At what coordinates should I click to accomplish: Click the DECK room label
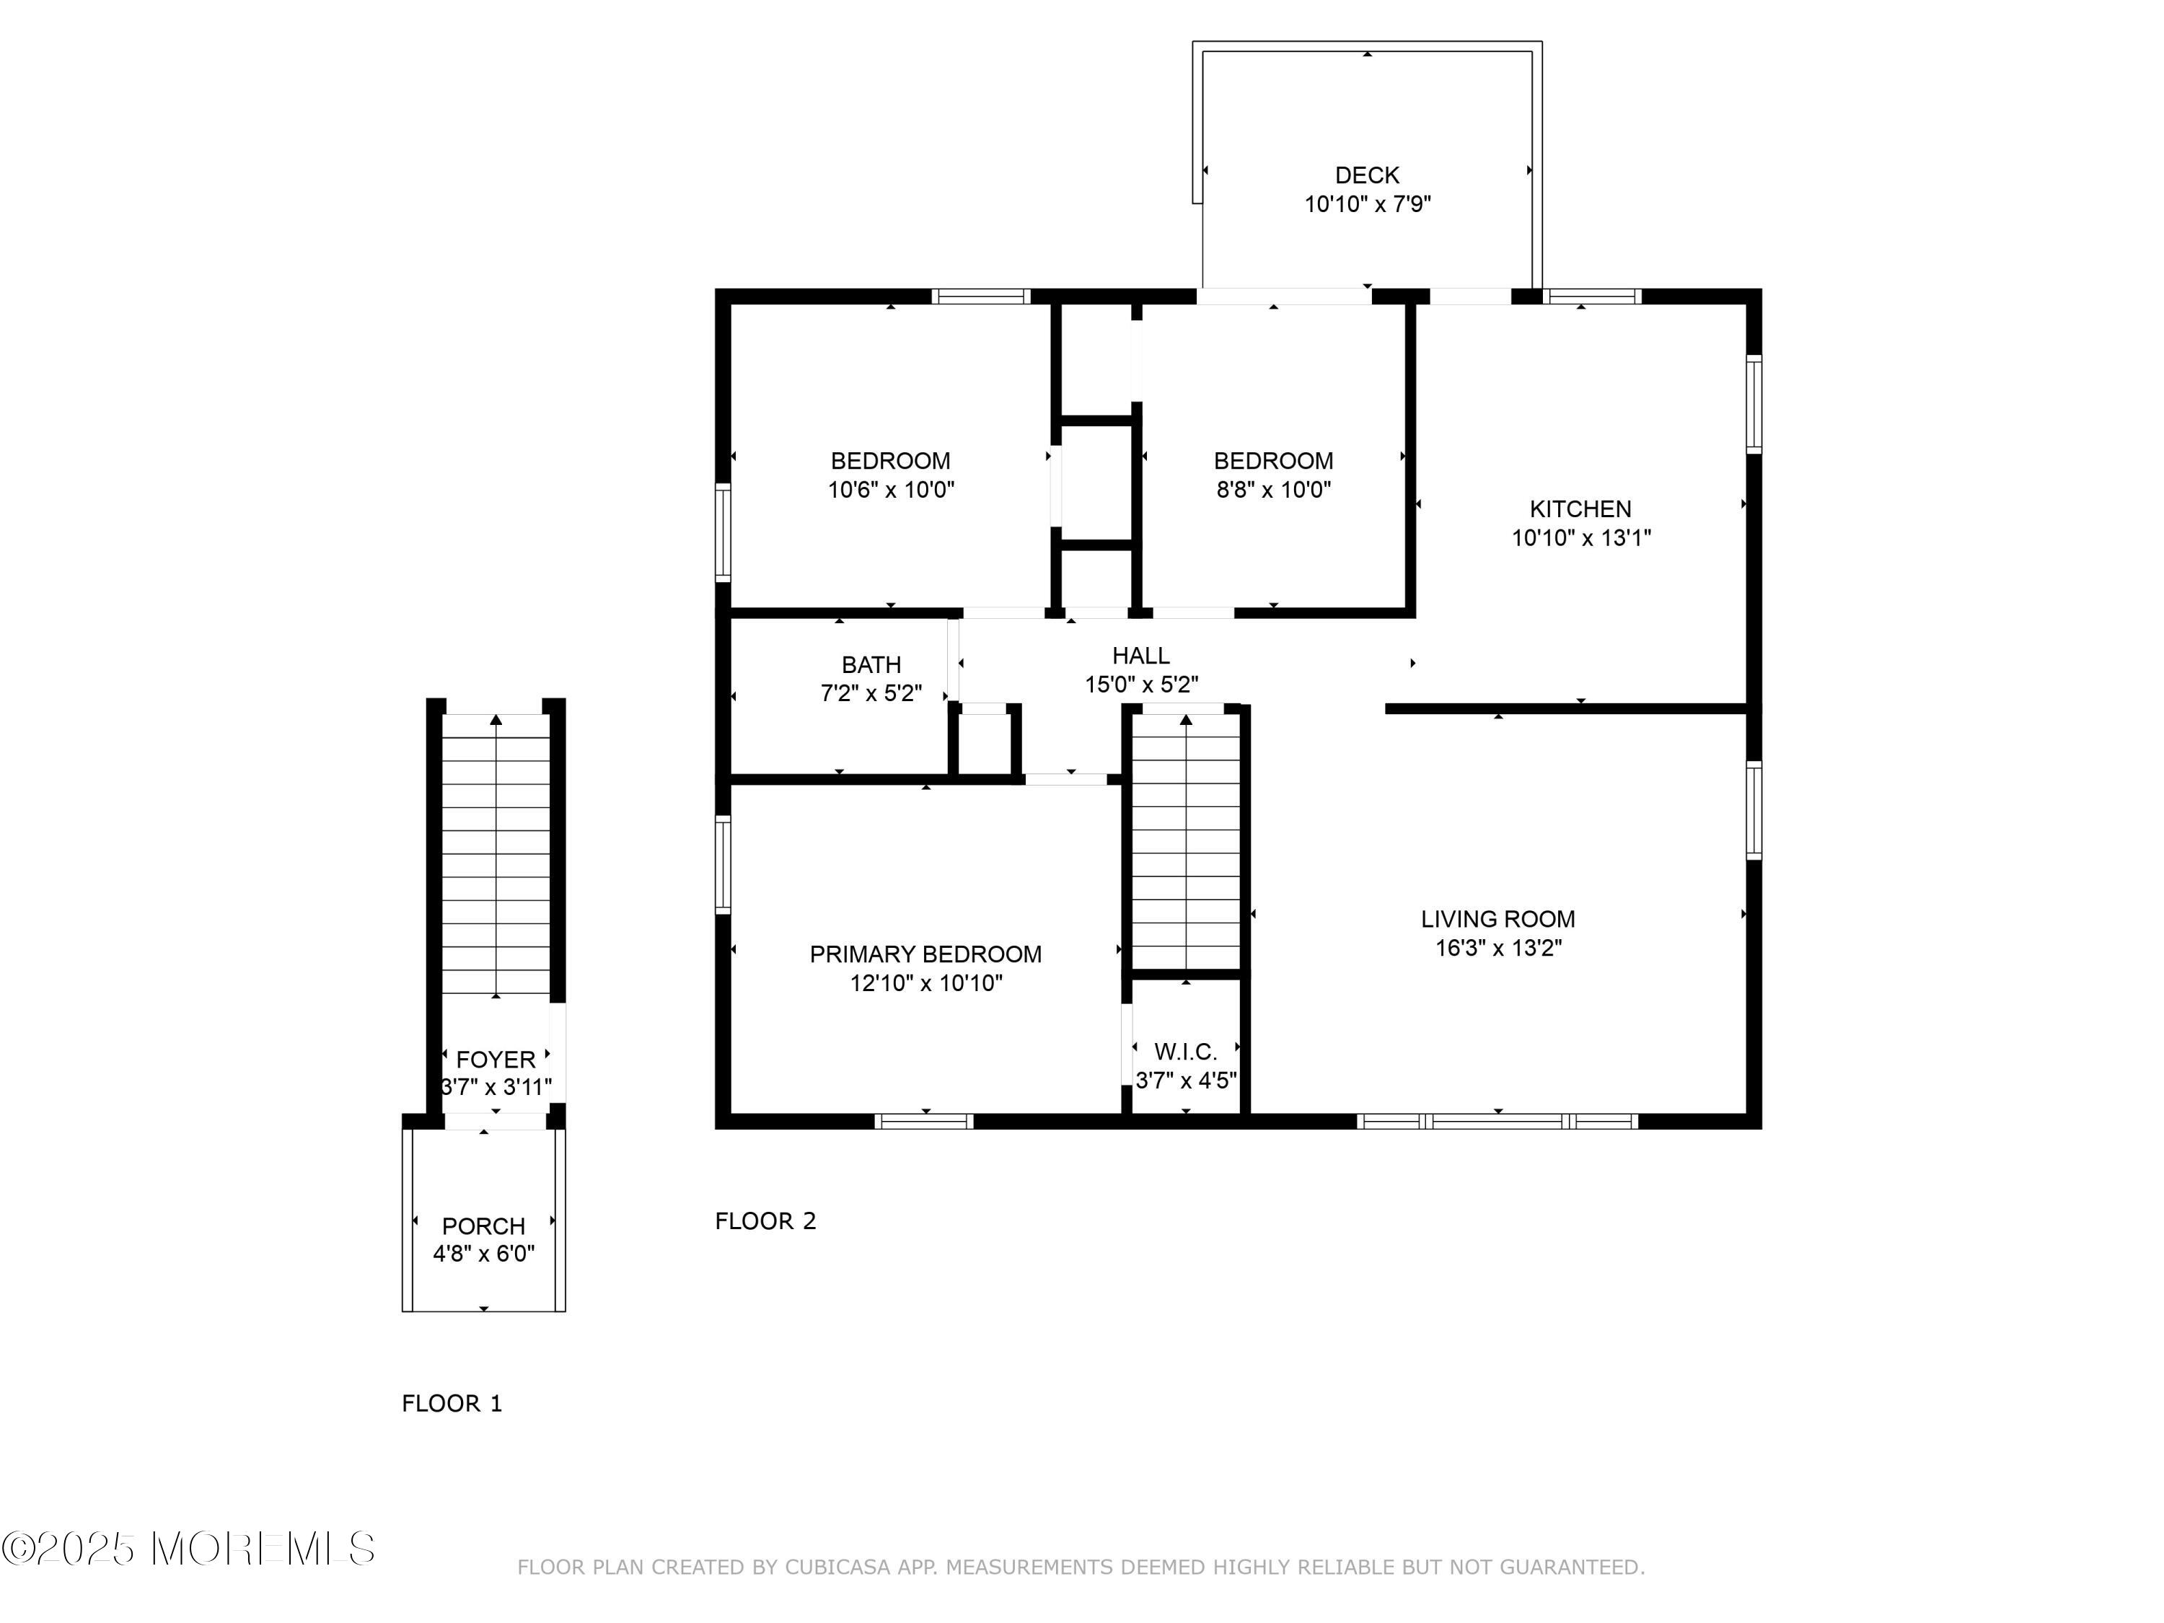click(x=1367, y=175)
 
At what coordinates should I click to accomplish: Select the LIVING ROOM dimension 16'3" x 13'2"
click(x=1497, y=948)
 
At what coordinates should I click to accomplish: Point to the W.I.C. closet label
click(x=1186, y=1052)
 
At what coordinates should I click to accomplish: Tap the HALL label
click(x=1140, y=656)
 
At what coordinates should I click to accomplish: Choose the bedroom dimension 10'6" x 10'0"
click(x=890, y=489)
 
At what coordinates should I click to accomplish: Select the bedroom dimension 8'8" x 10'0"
click(x=1272, y=489)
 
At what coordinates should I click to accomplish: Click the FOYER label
click(x=496, y=1060)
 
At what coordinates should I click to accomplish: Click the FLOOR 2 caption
click(x=765, y=1221)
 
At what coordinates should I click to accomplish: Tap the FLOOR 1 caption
click(x=452, y=1404)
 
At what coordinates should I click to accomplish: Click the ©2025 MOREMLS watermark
click(x=188, y=1549)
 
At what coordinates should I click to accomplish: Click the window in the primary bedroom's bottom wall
click(x=923, y=1121)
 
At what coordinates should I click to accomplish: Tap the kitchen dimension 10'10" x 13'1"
click(x=1581, y=537)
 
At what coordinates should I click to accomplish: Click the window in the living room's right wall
click(x=1754, y=810)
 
